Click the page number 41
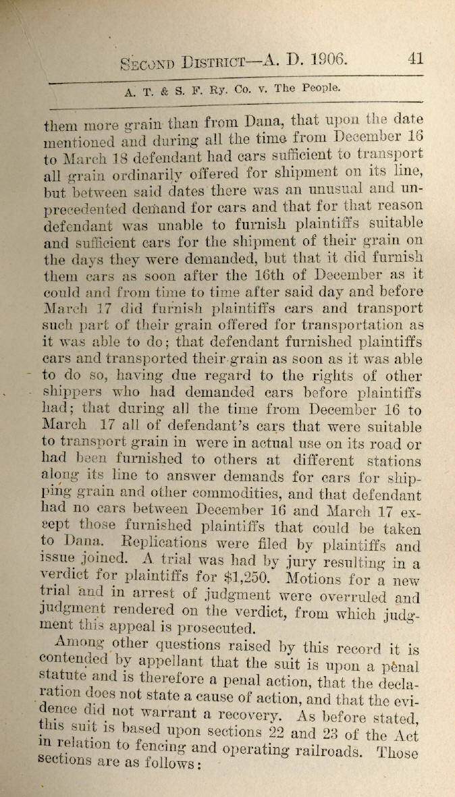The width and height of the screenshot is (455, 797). pyautogui.click(x=416, y=58)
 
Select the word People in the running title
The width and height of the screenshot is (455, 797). pyautogui.click(x=318, y=87)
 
